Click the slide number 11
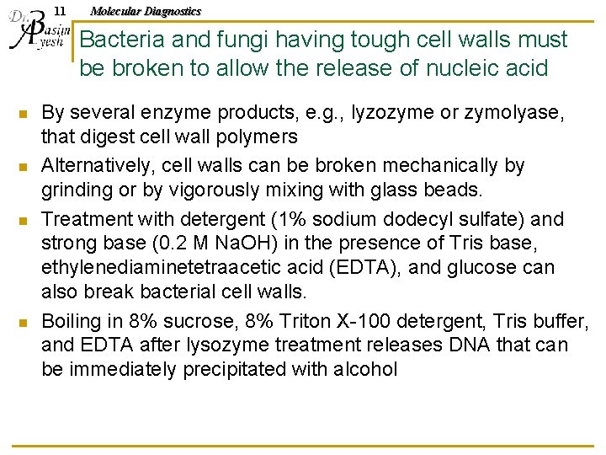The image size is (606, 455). coord(58,11)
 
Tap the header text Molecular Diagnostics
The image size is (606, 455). coord(146,11)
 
